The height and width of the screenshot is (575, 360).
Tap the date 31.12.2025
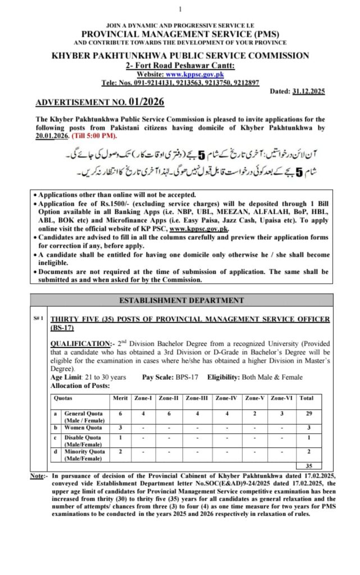[308, 91]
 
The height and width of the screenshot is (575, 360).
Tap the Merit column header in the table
[120, 398]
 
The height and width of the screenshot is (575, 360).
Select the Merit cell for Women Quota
[120, 428]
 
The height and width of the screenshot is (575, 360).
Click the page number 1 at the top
[180, 9]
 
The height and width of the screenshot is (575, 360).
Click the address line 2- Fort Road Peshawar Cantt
[180, 66]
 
